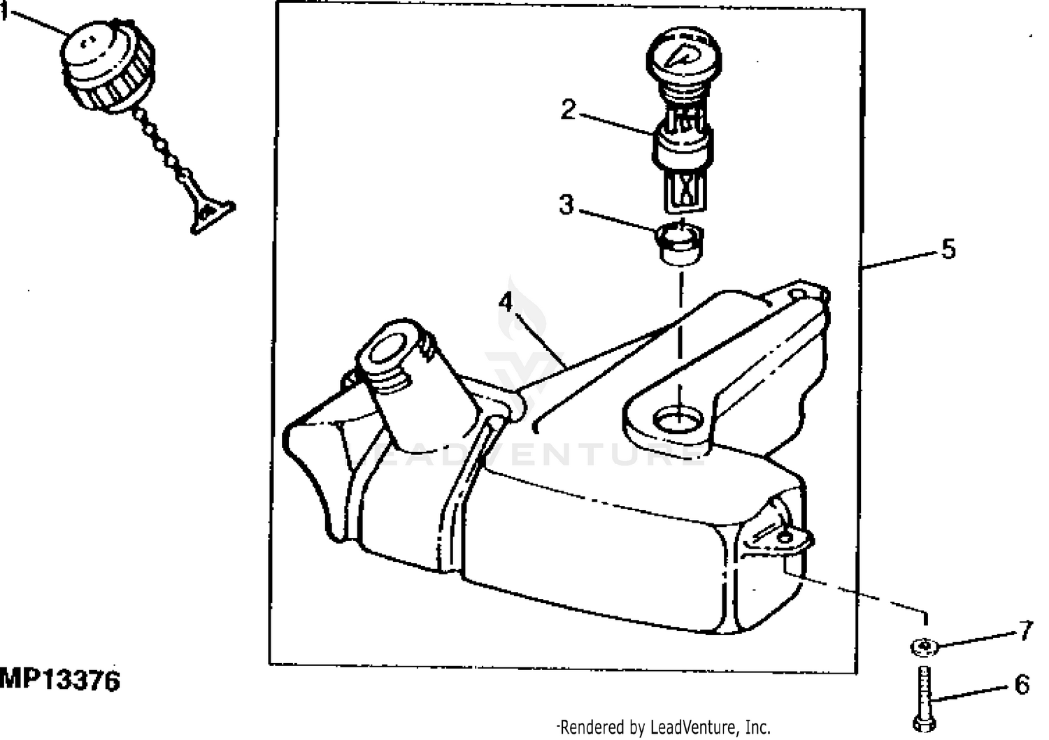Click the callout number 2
(x=567, y=109)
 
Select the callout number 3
(x=566, y=205)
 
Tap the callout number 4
(x=505, y=303)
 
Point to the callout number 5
(x=948, y=249)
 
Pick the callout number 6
(x=1022, y=685)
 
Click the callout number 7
(x=1025, y=631)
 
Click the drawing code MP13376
(x=60, y=680)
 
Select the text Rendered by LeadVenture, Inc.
(x=664, y=727)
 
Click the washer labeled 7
(x=925, y=648)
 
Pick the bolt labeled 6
(x=925, y=699)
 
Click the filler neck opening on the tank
(x=386, y=348)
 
